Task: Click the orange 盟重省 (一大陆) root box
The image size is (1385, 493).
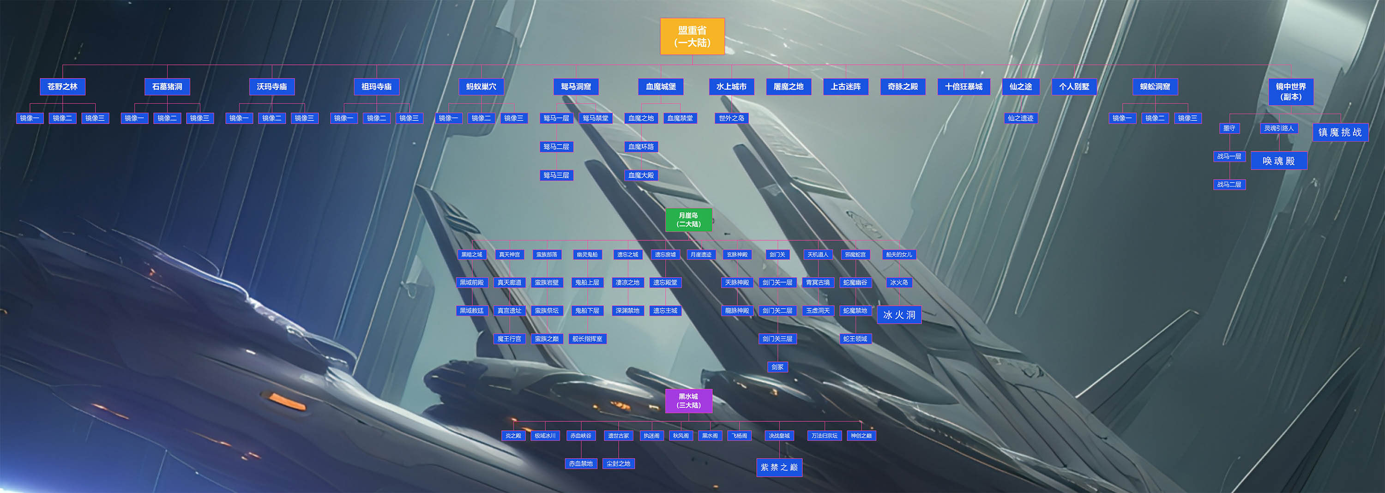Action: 692,36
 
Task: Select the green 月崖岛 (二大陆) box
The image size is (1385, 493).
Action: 688,220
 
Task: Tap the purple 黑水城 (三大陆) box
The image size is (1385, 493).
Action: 688,401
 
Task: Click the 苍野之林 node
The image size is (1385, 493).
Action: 62,87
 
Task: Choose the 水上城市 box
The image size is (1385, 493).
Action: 731,87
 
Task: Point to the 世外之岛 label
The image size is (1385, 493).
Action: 731,118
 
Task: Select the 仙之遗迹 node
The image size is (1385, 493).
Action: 1020,118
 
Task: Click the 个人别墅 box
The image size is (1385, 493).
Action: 1074,87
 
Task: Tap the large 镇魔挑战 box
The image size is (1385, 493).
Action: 1340,132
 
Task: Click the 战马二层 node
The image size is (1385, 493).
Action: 1229,184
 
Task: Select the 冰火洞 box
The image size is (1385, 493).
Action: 899,315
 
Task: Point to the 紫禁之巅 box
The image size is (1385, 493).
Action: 779,467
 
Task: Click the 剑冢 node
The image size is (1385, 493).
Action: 777,367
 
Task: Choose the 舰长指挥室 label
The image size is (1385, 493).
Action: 587,339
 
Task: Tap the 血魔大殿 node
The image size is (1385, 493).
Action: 641,175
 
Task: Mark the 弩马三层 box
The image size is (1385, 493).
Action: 556,175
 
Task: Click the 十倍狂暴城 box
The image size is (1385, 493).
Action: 963,87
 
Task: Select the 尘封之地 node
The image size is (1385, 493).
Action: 618,463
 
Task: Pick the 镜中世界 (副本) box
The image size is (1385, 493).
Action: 1290,91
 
